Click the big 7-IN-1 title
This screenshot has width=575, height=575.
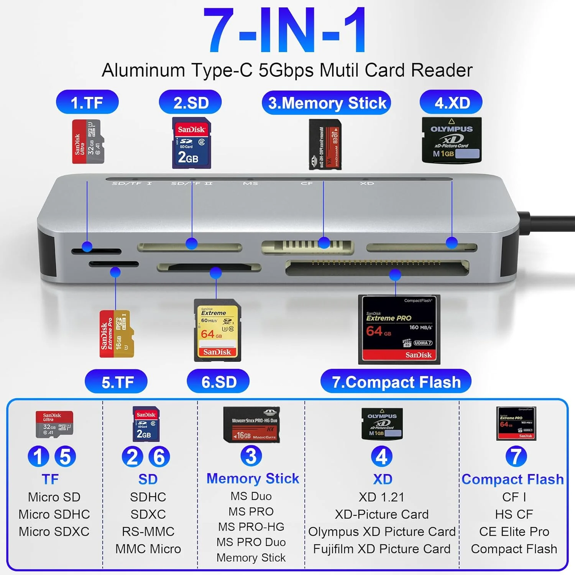click(286, 31)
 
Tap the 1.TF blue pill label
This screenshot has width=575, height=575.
click(87, 102)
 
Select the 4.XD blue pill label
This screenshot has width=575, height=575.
click(451, 102)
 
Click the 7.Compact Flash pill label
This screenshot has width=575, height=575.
click(396, 382)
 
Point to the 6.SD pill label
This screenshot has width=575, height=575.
click(219, 382)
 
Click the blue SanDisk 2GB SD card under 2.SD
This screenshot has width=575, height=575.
click(191, 143)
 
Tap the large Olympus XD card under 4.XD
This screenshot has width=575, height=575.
click(452, 140)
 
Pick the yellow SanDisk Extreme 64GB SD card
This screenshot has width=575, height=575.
click(217, 330)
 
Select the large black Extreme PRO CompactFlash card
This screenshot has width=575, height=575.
click(399, 329)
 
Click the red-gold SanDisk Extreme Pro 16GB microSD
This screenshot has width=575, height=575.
click(117, 334)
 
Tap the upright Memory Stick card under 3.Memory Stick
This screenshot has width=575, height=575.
click(325, 145)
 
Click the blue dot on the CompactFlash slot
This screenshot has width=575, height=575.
click(395, 274)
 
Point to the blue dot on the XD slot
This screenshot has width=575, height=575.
click(452, 242)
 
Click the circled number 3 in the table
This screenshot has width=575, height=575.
click(251, 456)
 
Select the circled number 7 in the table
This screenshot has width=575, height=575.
click(516, 457)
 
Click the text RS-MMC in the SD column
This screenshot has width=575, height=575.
click(148, 531)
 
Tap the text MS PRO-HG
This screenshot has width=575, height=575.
click(251, 527)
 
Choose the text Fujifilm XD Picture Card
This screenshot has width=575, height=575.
click(382, 549)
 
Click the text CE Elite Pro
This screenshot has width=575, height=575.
click(514, 531)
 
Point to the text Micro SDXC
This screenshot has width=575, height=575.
click(54, 531)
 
